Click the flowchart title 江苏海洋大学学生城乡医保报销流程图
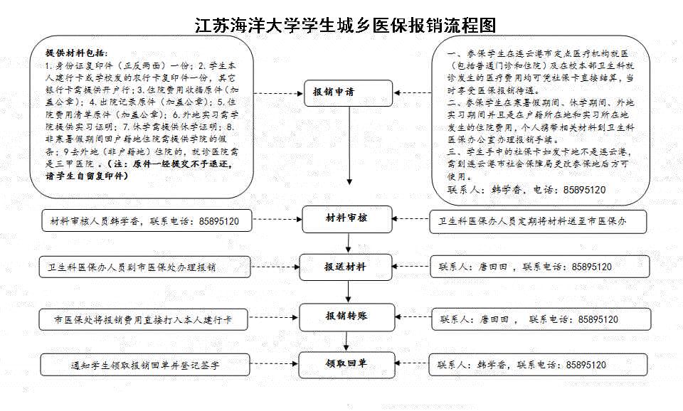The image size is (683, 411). pyautogui.click(x=346, y=25)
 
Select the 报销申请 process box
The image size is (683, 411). pyautogui.click(x=348, y=92)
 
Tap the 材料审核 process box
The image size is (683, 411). pyautogui.click(x=347, y=219)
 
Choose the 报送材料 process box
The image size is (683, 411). pyautogui.click(x=346, y=267)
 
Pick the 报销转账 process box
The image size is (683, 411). pyautogui.click(x=346, y=317)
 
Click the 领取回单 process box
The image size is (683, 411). pyautogui.click(x=346, y=364)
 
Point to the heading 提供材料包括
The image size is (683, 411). pyautogui.click(x=76, y=53)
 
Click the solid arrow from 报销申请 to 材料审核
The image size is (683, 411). pyautogui.click(x=349, y=146)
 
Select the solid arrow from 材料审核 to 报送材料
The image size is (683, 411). pyautogui.click(x=348, y=243)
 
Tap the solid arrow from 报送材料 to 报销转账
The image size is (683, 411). pyautogui.click(x=348, y=292)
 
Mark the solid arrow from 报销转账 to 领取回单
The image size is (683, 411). pyautogui.click(x=346, y=341)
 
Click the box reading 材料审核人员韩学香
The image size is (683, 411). pyautogui.click(x=147, y=220)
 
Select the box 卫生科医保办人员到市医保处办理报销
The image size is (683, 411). pyautogui.click(x=144, y=267)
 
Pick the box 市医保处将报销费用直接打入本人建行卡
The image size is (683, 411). pyautogui.click(x=143, y=319)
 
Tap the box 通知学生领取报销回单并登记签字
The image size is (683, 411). pyautogui.click(x=145, y=365)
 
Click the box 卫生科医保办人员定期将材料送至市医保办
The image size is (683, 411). pyautogui.click(x=538, y=221)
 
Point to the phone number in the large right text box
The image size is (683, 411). pyautogui.click(x=584, y=190)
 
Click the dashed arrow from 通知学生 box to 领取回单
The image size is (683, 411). pyautogui.click(x=275, y=363)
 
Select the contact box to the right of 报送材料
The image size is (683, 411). pyautogui.click(x=540, y=267)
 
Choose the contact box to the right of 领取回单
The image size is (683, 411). pyautogui.click(x=538, y=365)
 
